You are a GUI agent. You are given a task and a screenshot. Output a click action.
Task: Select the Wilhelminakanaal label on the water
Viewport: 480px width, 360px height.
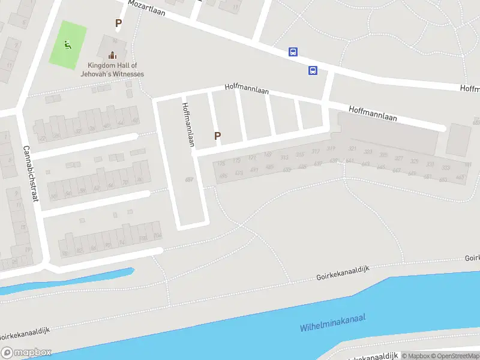pos(332,323)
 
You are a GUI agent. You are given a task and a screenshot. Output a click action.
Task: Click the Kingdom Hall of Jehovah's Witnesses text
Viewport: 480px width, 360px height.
pos(112,70)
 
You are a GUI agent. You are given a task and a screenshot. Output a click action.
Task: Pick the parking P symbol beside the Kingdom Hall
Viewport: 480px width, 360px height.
pos(118,23)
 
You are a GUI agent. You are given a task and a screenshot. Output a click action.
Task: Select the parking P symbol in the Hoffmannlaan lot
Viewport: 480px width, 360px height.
pos(217,136)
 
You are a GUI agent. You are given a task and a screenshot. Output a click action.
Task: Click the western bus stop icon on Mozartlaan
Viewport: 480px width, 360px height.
pos(293,52)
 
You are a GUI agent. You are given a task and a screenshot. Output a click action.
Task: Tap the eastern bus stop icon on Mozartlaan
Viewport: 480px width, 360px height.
pos(313,71)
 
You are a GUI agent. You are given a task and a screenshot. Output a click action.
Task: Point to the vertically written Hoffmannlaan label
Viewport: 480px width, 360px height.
pos(188,124)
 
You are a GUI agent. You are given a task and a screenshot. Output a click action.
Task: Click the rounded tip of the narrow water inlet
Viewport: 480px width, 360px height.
pos(130,272)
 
